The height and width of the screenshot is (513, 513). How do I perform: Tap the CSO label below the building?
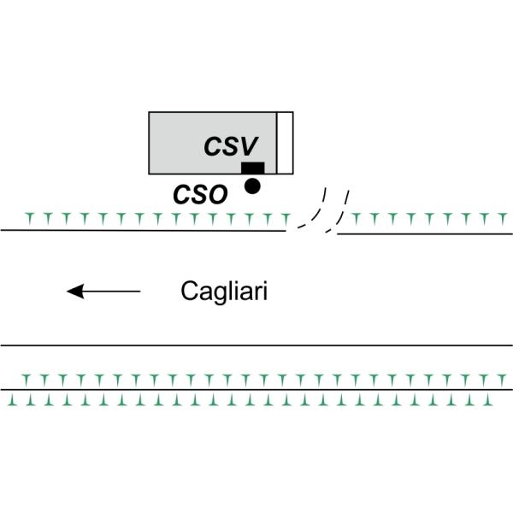[x=200, y=194]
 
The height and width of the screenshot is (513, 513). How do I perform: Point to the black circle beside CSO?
[x=252, y=185]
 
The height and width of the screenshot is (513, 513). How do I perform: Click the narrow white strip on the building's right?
[x=286, y=141]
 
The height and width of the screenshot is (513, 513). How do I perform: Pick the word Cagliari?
[x=225, y=292]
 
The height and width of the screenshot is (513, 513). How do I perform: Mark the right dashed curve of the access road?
[x=340, y=209]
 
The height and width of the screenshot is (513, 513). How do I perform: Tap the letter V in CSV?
[x=262, y=145]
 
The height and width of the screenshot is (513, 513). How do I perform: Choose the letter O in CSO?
[x=217, y=194]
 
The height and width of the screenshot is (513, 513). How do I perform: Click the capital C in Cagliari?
[x=191, y=292]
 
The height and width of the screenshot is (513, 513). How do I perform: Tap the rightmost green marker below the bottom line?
[x=506, y=398]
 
